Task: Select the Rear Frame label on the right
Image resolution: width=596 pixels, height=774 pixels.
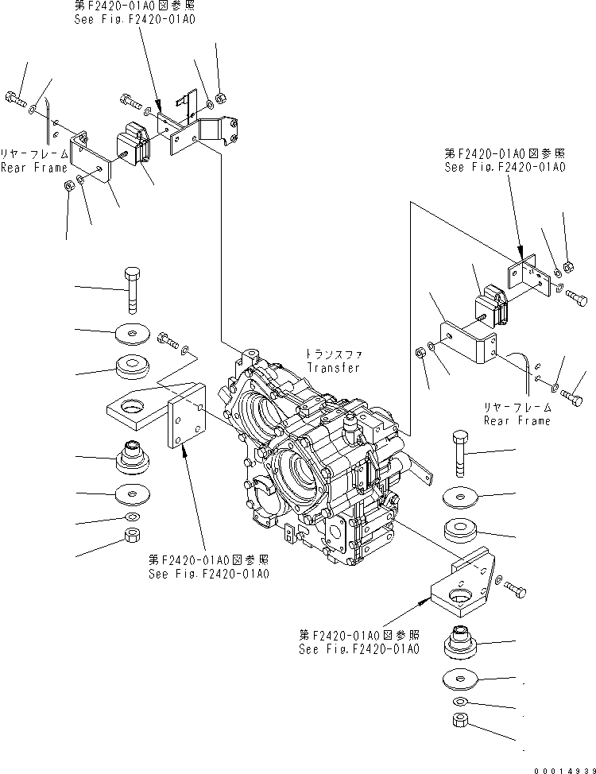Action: tap(517, 420)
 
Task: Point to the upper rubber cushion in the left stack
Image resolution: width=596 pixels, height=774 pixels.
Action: tap(132, 368)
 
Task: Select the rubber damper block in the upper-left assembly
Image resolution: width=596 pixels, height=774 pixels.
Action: tap(134, 147)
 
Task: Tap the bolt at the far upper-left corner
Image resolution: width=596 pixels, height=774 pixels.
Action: tap(15, 99)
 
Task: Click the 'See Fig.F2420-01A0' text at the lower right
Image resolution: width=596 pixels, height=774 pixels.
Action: tap(360, 648)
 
